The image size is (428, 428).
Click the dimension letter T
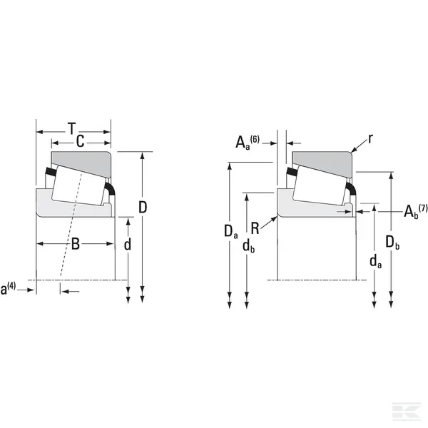(71, 128)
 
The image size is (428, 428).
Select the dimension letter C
(80, 142)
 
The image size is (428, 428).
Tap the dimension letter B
(76, 244)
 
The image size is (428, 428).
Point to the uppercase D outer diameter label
(143, 207)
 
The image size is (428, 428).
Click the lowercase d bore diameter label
(128, 244)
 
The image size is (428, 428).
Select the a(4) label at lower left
(8, 289)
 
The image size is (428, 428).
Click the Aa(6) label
(248, 142)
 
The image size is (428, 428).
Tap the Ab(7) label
(415, 211)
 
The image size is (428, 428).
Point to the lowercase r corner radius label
(370, 138)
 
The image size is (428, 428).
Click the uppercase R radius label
(255, 228)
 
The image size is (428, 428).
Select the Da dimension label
(231, 232)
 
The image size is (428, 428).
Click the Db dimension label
(392, 243)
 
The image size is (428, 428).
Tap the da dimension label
(376, 262)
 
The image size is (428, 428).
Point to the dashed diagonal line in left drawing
(71, 226)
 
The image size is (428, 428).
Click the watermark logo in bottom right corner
(406, 411)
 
